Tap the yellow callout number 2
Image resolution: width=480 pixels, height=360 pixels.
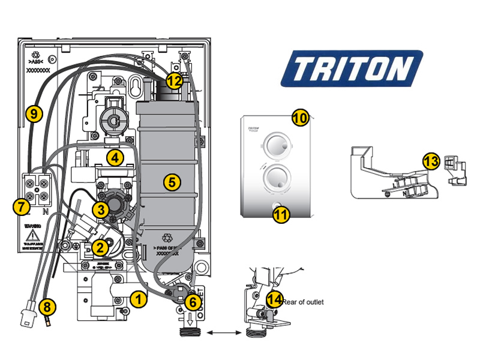(100, 246)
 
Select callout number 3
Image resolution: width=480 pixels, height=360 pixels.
(101, 209)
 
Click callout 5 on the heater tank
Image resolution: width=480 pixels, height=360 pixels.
(172, 182)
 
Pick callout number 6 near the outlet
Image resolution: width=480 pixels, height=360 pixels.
(192, 302)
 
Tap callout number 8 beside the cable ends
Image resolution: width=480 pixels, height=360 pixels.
(48, 308)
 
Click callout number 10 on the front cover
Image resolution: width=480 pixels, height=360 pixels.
(301, 118)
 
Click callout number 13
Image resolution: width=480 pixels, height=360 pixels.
(431, 161)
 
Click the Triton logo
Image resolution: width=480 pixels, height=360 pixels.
(352, 69)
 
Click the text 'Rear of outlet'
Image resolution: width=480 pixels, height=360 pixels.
(303, 302)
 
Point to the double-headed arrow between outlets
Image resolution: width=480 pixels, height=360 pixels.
(221, 331)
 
